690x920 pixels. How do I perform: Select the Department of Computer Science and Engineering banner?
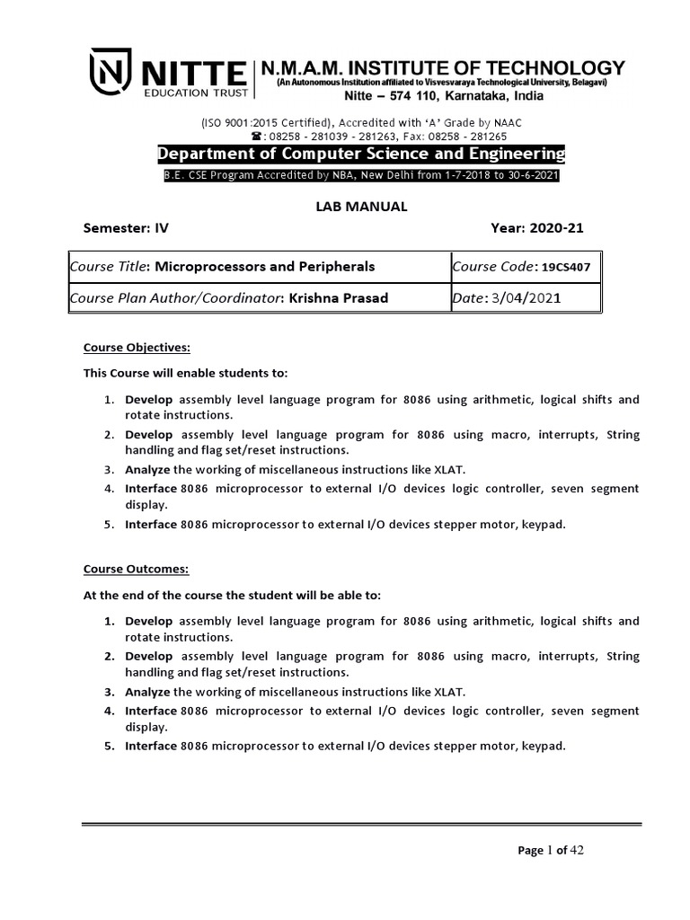tap(361, 155)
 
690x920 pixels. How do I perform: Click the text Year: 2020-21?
tap(536, 228)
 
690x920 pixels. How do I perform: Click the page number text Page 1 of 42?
tap(551, 851)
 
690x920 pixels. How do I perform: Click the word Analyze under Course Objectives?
tap(147, 469)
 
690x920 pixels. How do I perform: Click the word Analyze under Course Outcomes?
tap(147, 691)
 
